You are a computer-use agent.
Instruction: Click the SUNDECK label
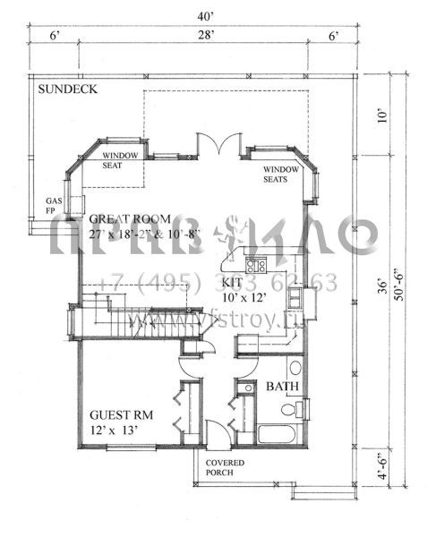click(x=67, y=89)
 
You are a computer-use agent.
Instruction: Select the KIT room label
click(x=231, y=281)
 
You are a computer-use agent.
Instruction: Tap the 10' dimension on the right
click(x=384, y=114)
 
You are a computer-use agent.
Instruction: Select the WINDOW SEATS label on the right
click(x=281, y=173)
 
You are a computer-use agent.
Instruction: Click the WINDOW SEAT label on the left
click(x=114, y=160)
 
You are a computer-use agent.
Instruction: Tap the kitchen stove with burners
click(x=255, y=266)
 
